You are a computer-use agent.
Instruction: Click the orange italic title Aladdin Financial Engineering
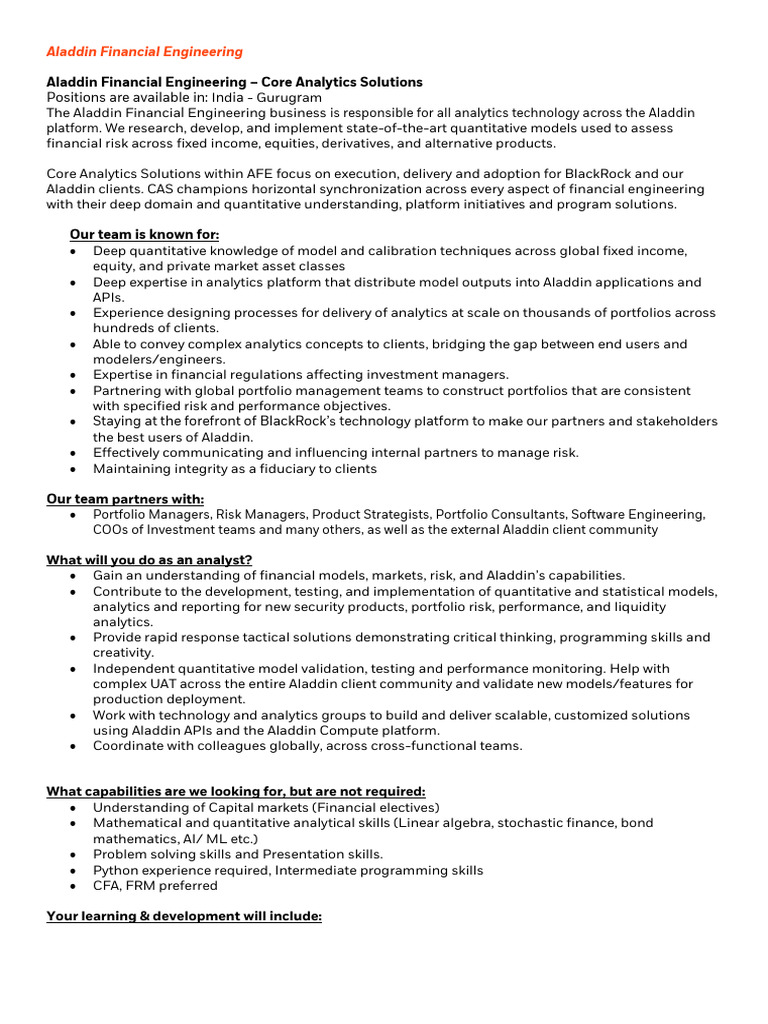(x=144, y=51)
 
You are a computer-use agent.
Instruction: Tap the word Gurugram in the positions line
(x=289, y=97)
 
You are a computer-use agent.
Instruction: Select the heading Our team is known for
(x=144, y=235)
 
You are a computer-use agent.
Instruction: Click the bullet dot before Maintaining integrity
(x=75, y=468)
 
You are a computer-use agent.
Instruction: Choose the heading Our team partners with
(x=125, y=499)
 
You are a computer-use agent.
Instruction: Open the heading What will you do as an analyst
(x=149, y=559)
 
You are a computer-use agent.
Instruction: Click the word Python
(x=117, y=870)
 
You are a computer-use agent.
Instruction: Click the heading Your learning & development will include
(x=184, y=915)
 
